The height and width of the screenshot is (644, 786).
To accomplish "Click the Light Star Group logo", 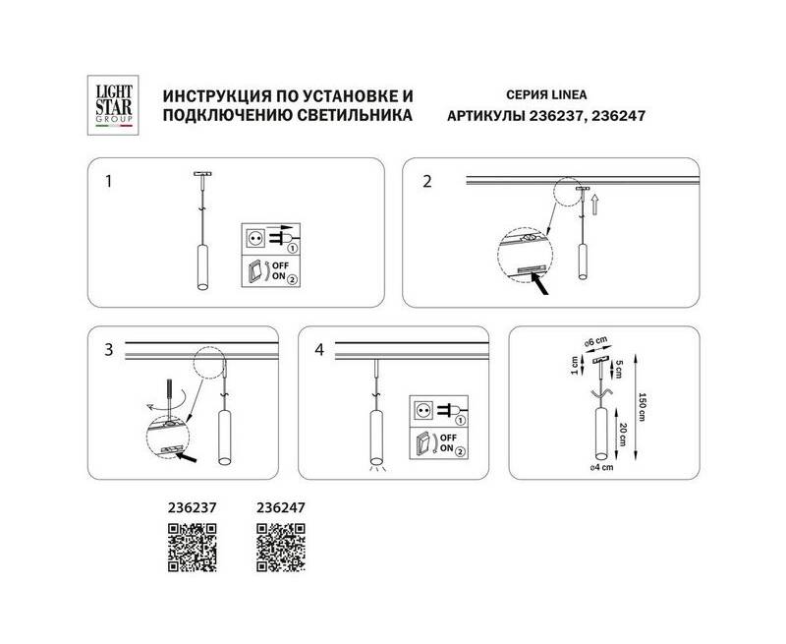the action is pos(113,105).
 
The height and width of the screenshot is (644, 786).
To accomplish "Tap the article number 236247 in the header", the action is pos(618,116).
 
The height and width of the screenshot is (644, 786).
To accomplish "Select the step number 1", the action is pos(108,181).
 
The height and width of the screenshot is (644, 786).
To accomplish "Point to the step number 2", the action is pos(427,181).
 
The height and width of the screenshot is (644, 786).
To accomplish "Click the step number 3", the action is pos(109,350).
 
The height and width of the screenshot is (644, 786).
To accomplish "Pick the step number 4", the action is pos(319,350).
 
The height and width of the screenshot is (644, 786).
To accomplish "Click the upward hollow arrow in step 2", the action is pos(595,205).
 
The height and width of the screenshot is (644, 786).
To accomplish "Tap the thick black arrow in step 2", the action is pos(541,284).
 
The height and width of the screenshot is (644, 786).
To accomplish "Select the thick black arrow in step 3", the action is pos(187,457).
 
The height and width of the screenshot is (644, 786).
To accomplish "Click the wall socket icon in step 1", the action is pos(255,238).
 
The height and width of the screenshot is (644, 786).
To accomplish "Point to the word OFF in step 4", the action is pos(448,438).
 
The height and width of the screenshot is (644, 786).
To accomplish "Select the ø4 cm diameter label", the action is pos(601,467).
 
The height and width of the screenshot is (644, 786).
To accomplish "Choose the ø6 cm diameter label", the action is pos(596,342).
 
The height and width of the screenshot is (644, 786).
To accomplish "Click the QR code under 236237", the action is pos(192,548).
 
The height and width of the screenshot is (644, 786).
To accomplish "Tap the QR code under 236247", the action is pos(281,548).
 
